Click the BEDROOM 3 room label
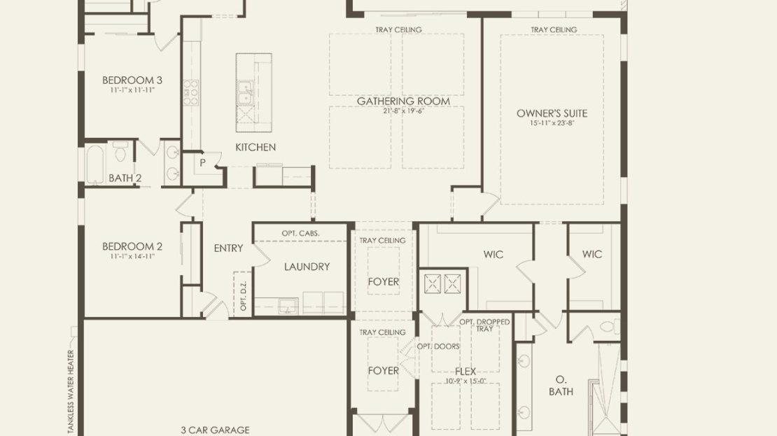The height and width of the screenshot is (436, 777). [x=132, y=80]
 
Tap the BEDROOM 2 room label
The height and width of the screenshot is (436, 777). [x=132, y=246]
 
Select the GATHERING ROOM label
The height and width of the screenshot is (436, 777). [x=403, y=101]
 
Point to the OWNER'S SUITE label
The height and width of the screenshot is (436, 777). [x=552, y=113]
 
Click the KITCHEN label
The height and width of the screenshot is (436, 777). [x=255, y=147]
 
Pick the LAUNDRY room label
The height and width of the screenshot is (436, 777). [x=307, y=267]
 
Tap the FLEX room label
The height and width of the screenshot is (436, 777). [x=465, y=371]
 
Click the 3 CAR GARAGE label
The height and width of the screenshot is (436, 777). [x=215, y=430]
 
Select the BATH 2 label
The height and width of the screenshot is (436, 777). [x=125, y=178]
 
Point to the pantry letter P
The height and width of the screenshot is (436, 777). [x=203, y=162]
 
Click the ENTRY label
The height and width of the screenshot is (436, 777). [x=228, y=248]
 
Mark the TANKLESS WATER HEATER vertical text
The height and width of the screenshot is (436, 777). [x=71, y=393]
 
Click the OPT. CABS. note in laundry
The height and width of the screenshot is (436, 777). [x=300, y=233]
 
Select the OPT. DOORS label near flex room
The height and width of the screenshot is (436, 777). [x=438, y=346]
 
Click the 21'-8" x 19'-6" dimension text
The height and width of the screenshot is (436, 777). [x=403, y=111]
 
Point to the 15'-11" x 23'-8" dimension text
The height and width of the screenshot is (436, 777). [x=552, y=123]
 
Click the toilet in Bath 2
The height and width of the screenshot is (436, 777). [x=120, y=151]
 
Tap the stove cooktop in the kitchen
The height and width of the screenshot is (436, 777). [x=191, y=92]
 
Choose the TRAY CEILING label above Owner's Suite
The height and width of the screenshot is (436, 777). [x=554, y=29]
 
